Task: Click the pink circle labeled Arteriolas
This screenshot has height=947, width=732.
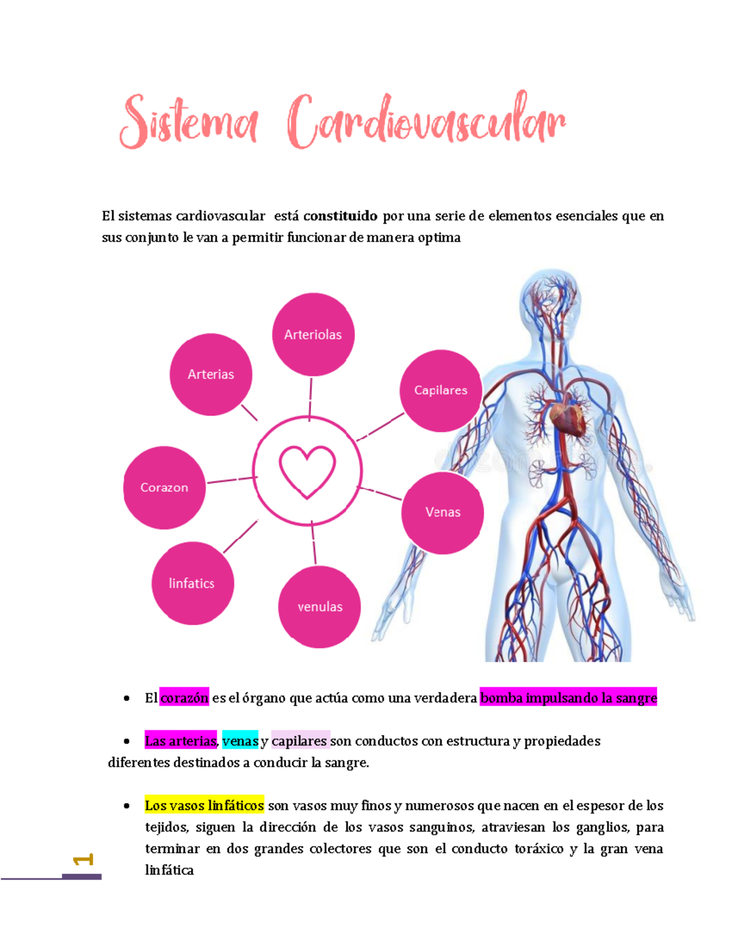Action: click(x=313, y=334)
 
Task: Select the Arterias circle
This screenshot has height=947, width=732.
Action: click(x=210, y=374)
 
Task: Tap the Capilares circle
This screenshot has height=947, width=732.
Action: click(x=440, y=390)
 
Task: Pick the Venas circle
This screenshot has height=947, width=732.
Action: click(x=442, y=512)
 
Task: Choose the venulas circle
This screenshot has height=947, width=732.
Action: click(x=320, y=607)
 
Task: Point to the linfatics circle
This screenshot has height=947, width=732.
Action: click(x=192, y=584)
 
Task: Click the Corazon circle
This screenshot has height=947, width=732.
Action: click(x=164, y=487)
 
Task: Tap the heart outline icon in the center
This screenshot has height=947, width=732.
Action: click(x=307, y=471)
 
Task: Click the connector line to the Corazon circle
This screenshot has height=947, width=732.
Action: click(x=230, y=481)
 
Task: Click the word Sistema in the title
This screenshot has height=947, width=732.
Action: click(x=188, y=122)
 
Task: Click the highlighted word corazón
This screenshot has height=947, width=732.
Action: click(x=184, y=698)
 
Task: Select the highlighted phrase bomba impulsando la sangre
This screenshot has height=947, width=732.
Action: click(x=569, y=698)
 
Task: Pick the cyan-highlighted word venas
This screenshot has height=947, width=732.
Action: click(x=240, y=741)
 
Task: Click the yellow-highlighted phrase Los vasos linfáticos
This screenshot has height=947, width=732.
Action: click(x=204, y=806)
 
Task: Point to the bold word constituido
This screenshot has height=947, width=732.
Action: click(x=340, y=216)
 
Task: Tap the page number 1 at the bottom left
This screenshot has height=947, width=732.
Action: click(x=83, y=860)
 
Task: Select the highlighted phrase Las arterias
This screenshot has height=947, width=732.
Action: click(x=181, y=741)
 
